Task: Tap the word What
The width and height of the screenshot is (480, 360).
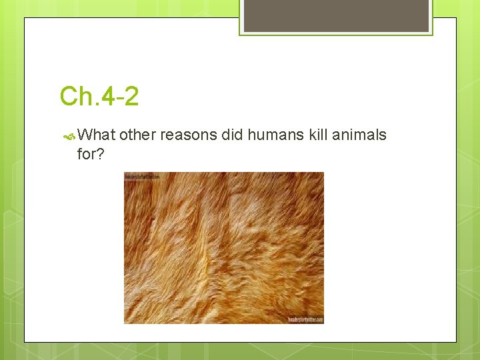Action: (x=97, y=135)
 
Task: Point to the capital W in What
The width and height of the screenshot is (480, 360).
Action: (x=85, y=135)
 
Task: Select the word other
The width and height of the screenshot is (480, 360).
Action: (x=138, y=135)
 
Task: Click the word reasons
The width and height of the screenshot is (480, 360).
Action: (x=189, y=135)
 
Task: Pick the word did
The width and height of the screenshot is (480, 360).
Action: (x=233, y=135)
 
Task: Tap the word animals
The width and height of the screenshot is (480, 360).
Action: (x=360, y=135)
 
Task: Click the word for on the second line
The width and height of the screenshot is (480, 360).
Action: (x=87, y=155)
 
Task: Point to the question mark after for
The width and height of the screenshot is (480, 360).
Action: (x=101, y=155)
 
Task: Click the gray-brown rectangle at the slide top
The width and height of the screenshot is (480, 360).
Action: (x=336, y=15)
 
